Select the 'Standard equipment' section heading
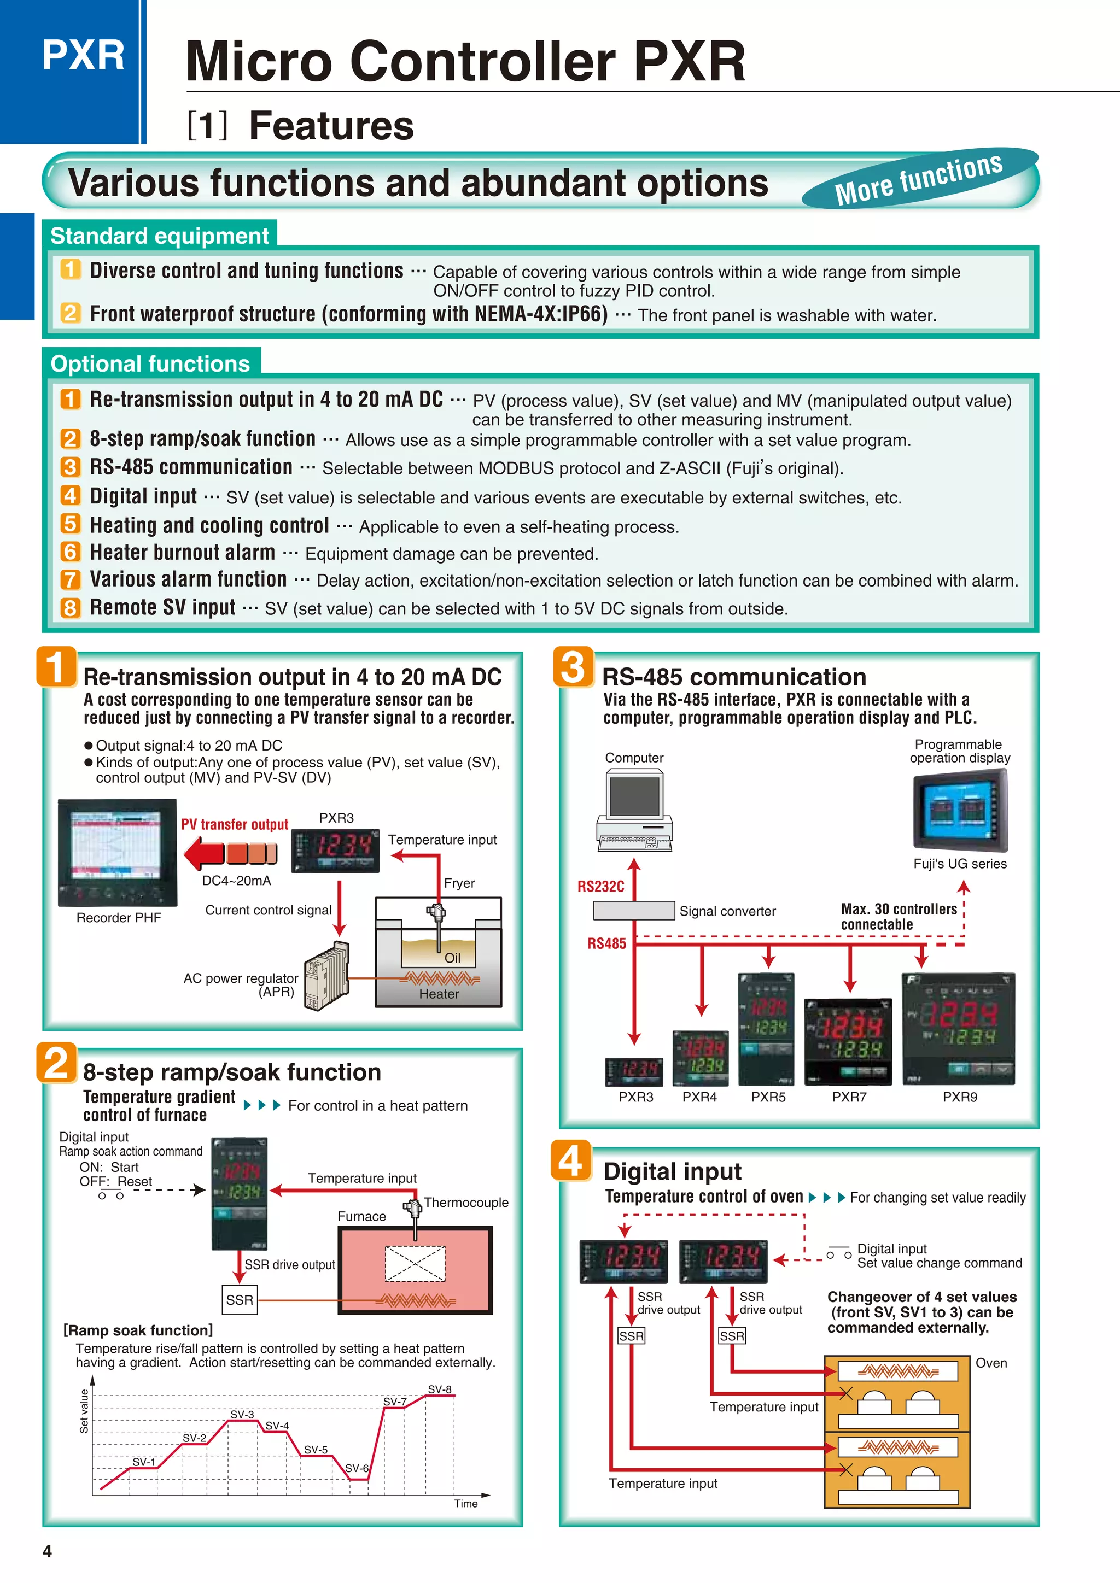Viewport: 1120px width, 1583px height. click(x=159, y=236)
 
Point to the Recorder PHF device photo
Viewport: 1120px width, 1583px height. click(x=117, y=853)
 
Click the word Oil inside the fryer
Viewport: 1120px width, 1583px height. click(x=452, y=958)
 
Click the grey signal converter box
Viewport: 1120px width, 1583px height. click(x=634, y=910)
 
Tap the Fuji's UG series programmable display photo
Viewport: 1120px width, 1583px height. click(x=960, y=811)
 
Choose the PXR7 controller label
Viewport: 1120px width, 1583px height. click(x=849, y=1097)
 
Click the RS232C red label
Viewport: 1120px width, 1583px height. click(x=600, y=887)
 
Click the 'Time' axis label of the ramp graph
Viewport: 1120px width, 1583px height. click(x=465, y=1504)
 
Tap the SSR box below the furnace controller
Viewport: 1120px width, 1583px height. click(x=240, y=1300)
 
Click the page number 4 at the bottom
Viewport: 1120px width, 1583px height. click(x=47, y=1551)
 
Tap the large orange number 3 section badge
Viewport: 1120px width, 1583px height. click(x=573, y=667)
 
